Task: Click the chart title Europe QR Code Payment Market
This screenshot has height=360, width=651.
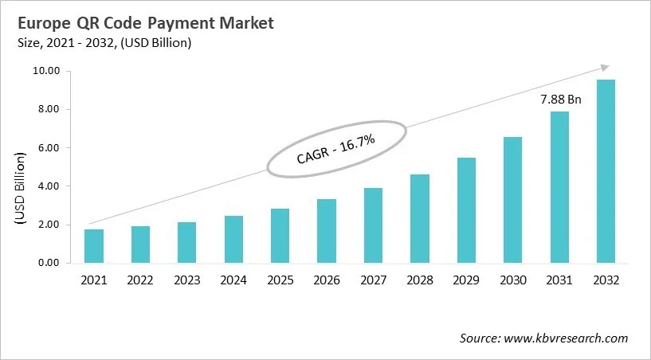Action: pyautogui.click(x=144, y=23)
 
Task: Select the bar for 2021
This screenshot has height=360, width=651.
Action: pyautogui.click(x=94, y=246)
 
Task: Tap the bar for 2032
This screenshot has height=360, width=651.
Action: pyautogui.click(x=605, y=171)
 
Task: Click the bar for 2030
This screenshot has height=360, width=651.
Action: pyautogui.click(x=512, y=200)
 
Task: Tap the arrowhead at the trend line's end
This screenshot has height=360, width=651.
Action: pyautogui.click(x=605, y=68)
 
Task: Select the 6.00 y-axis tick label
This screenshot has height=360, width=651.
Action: pyautogui.click(x=48, y=148)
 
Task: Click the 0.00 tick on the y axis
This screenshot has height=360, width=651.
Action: pyautogui.click(x=48, y=263)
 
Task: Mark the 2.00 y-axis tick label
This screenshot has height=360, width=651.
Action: pyautogui.click(x=48, y=225)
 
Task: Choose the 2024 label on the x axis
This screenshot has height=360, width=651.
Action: pyautogui.click(x=233, y=280)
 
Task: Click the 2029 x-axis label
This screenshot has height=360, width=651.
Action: pyautogui.click(x=465, y=280)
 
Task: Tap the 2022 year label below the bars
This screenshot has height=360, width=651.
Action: pyautogui.click(x=140, y=280)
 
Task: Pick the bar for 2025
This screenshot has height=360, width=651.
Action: pyautogui.click(x=280, y=236)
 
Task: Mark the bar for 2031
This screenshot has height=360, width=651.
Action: pyautogui.click(x=559, y=187)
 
